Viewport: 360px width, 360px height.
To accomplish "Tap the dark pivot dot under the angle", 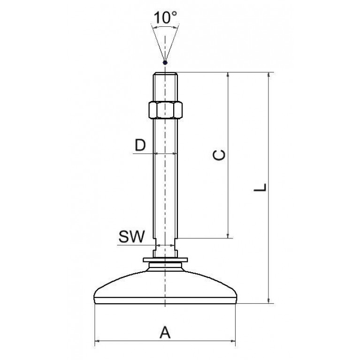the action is click(165, 62).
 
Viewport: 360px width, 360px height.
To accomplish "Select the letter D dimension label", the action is click(140, 145).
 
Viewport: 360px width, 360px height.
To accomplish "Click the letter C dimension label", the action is click(219, 155).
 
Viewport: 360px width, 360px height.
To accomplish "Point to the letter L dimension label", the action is click(260, 187).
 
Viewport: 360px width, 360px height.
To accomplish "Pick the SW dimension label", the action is click(131, 237).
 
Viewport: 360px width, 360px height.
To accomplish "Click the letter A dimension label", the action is click(165, 332).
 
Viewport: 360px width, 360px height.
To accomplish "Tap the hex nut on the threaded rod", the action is click(165, 110).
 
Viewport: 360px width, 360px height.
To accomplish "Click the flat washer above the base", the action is click(165, 260).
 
